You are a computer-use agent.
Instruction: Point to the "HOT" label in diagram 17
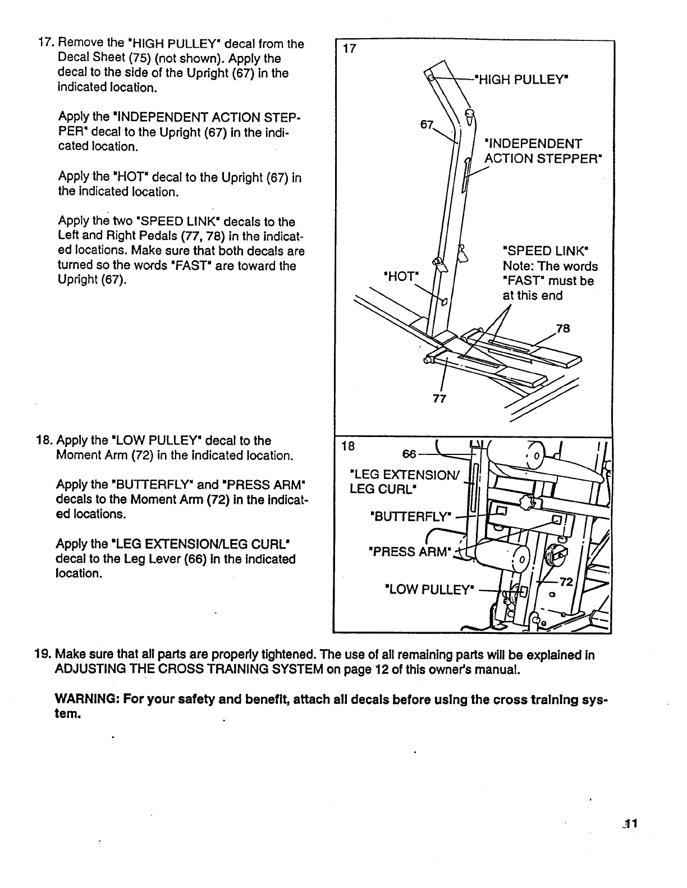[401, 277]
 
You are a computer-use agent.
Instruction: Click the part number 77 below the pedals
[439, 399]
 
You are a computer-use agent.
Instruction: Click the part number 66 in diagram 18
[409, 453]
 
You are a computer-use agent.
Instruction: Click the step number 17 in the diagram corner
[349, 48]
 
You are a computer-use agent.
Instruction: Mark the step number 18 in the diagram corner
[349, 446]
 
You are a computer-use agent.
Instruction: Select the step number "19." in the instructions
[43, 655]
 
